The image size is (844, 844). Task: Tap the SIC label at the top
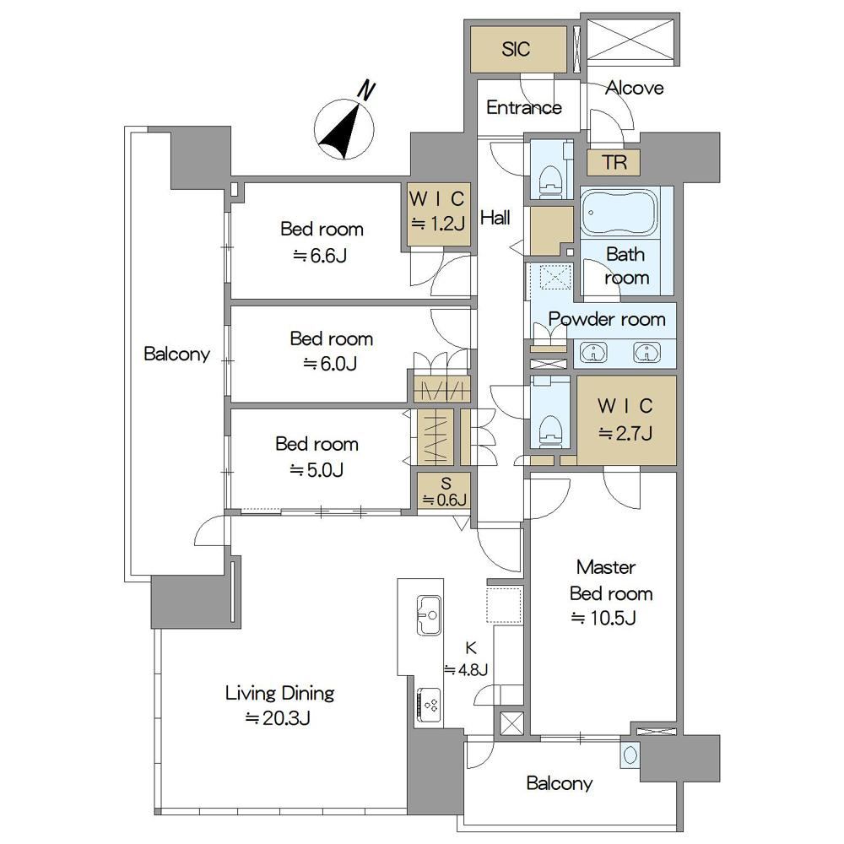click(x=516, y=49)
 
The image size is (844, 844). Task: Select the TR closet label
click(x=614, y=162)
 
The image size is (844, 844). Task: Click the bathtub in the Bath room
click(x=619, y=212)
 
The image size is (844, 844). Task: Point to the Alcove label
click(x=634, y=88)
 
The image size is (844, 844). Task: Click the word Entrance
click(x=524, y=108)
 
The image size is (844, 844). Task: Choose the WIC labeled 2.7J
click(x=625, y=419)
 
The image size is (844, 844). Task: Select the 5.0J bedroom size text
click(x=316, y=470)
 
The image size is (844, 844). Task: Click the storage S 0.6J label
click(x=445, y=491)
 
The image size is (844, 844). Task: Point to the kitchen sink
click(x=429, y=614)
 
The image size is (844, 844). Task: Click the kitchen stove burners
click(x=429, y=705)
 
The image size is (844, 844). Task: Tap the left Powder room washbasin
click(x=593, y=353)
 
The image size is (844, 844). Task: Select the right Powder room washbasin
click(x=647, y=353)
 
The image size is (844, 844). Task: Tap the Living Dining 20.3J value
click(x=278, y=718)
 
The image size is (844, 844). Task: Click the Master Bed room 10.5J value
click(x=603, y=618)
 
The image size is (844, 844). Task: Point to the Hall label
click(x=495, y=218)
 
